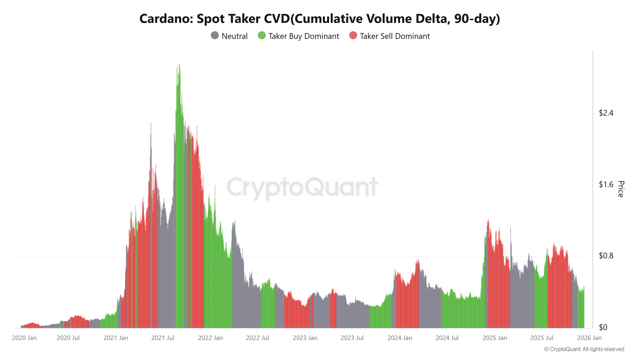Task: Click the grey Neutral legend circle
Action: [x=215, y=36]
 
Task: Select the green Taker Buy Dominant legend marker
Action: [x=262, y=36]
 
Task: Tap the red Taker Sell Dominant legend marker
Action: [x=353, y=36]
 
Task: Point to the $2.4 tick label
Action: [x=606, y=113]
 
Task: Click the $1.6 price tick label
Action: [x=606, y=185]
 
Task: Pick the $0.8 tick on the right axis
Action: [x=606, y=256]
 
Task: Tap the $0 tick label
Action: [x=603, y=327]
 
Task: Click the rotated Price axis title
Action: [x=621, y=189]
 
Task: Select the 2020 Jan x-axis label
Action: [x=24, y=338]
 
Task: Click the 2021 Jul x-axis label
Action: [x=162, y=338]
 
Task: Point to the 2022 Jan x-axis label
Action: [x=210, y=338]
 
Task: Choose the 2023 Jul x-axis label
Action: [x=352, y=338]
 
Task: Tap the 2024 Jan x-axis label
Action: [x=400, y=338]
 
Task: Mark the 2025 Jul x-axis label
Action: [x=542, y=338]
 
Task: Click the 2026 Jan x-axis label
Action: [x=589, y=338]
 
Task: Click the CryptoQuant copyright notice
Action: [x=584, y=349]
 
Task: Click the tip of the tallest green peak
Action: [x=179, y=65]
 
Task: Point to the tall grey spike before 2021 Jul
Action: [x=151, y=124]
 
